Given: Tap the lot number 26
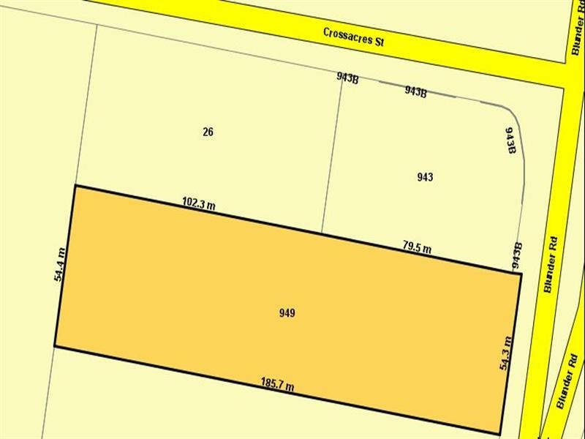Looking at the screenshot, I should point(208,132).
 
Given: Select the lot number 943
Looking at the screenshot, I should point(425,177).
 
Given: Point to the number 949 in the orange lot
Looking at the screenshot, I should point(287,313).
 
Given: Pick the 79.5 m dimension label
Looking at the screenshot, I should point(417,248).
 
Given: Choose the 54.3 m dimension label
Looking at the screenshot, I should point(505,352).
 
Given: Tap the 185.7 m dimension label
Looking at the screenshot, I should point(277,383).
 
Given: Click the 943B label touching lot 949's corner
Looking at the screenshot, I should point(517,256).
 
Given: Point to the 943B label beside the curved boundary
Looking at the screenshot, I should point(511,140).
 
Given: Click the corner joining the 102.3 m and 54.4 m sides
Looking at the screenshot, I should point(75,186).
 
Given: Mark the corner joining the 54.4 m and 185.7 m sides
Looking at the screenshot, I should point(55,345).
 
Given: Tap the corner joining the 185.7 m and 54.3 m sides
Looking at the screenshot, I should point(502,432).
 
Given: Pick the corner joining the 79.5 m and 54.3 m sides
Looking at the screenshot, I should point(520,274).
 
